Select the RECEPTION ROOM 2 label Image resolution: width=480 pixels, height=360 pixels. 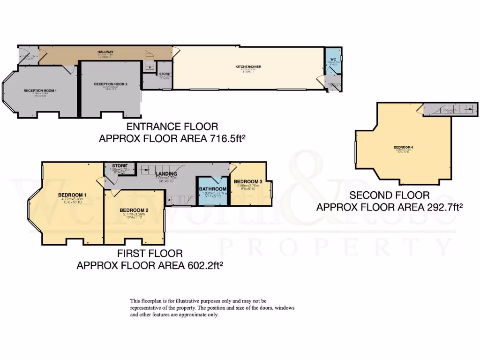(111, 84)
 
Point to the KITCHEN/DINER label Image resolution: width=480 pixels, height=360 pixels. (248, 67)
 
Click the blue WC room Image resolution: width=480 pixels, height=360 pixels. (333, 64)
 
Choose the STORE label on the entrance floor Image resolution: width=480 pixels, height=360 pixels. (164, 74)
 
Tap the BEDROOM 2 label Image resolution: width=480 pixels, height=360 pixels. (134, 210)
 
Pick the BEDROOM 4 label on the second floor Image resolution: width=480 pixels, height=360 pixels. (403, 148)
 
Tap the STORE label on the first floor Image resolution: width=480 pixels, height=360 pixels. (120, 165)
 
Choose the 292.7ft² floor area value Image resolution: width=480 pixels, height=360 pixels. (441, 207)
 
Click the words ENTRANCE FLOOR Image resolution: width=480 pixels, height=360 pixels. (172, 127)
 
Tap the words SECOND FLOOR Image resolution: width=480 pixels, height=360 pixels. (390, 195)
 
